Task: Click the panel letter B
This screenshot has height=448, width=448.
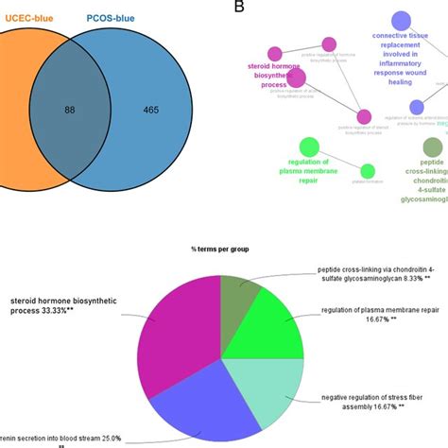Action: (x=239, y=8)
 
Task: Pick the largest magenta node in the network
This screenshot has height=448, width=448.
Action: (x=296, y=78)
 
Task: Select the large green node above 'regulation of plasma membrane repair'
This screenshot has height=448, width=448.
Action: (x=308, y=146)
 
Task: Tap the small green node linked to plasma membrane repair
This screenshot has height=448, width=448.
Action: (x=368, y=171)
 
